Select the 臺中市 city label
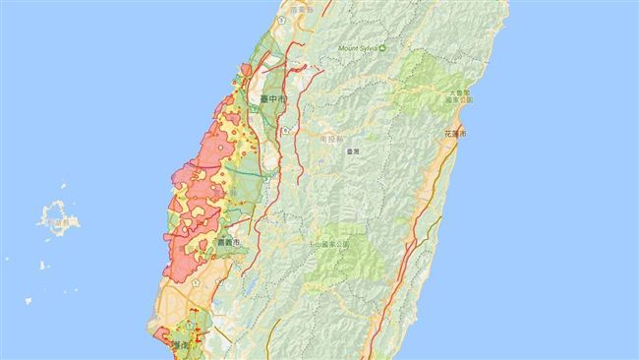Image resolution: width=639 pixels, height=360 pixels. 275,99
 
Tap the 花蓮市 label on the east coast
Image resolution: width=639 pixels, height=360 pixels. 456,132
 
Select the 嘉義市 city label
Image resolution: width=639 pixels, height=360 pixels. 229,242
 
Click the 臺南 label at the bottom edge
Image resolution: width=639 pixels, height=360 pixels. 179,346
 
